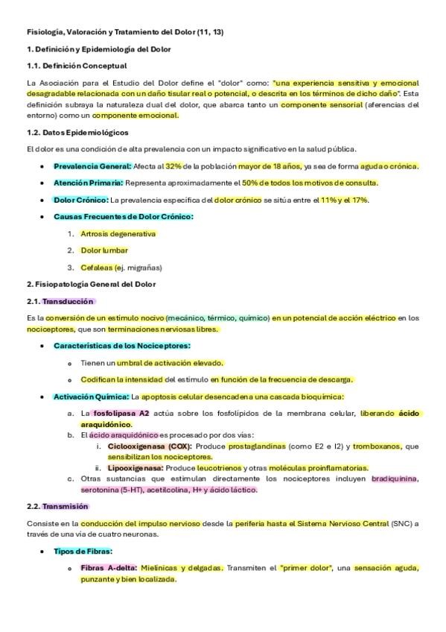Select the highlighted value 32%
coord(173,166)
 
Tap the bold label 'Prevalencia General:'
coord(92,166)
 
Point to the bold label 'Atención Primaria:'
coord(89,183)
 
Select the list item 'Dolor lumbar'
coord(104,250)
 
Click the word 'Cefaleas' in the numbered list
coord(96,268)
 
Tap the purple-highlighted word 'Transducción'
coord(68,301)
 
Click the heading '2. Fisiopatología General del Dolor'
coord(91,284)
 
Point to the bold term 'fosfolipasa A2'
coord(121,413)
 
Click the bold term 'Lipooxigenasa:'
coord(135,468)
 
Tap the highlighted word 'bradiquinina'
coord(395,478)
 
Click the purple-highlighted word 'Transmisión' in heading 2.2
coord(66,506)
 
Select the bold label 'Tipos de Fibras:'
coord(83,552)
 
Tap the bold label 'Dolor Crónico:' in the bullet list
coord(81,200)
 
